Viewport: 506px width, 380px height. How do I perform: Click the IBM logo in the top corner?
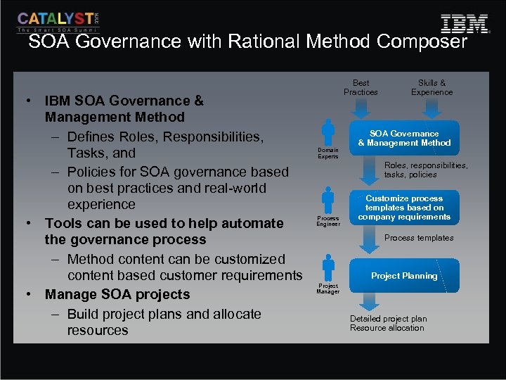464,24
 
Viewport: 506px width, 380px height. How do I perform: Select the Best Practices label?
361,87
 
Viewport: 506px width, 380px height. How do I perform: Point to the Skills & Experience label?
432,87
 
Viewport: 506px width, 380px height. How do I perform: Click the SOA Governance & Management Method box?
404,138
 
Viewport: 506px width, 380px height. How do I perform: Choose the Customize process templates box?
404,208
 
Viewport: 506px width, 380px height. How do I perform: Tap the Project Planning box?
404,276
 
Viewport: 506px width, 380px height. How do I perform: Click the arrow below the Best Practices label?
361,108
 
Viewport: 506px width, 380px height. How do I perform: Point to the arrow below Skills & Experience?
432,108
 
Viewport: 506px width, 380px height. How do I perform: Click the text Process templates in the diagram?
419,238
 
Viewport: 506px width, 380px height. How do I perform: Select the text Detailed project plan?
389,319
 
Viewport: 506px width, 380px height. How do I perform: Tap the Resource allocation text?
387,328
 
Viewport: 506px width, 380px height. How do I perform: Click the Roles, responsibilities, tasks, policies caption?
425,170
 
